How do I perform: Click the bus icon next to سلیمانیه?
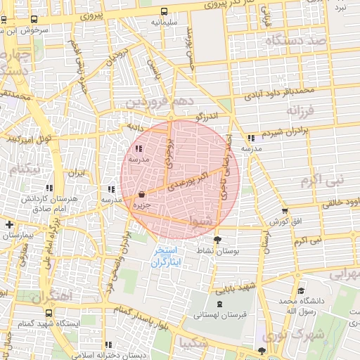click(164, 11)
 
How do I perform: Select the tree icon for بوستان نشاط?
click(217, 240)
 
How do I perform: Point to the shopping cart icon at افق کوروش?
click(284, 210)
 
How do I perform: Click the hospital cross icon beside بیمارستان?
click(8, 224)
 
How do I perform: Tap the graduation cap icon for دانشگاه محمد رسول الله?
click(301, 290)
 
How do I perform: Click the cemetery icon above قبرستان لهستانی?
click(222, 304)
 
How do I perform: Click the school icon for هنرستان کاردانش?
click(49, 188)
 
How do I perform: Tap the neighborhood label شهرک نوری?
click(316, 335)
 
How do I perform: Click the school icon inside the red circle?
click(137, 148)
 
